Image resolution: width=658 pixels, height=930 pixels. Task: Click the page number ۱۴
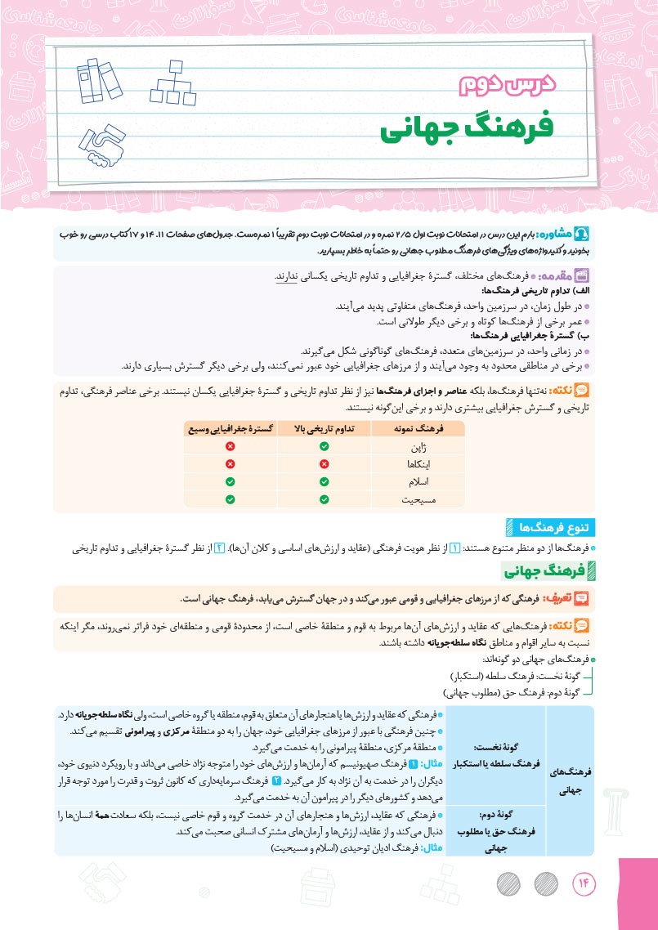click(586, 883)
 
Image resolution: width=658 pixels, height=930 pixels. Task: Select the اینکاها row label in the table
click(418, 463)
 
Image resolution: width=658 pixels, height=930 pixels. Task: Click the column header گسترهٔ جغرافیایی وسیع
click(231, 428)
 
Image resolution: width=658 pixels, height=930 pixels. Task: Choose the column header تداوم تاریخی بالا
click(325, 428)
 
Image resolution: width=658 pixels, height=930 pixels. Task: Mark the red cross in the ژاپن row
click(231, 446)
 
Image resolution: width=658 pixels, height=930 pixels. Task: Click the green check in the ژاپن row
click(325, 446)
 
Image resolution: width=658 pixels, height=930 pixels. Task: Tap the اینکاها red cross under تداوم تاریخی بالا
click(325, 463)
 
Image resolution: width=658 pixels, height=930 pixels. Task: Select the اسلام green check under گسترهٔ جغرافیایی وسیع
click(231, 481)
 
